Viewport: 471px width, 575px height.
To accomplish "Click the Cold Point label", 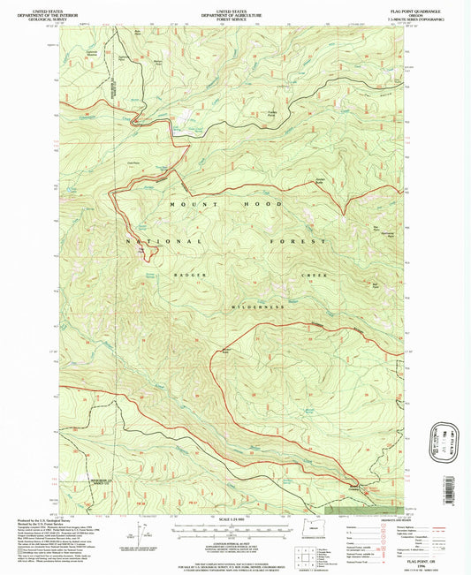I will tap(134, 163).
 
